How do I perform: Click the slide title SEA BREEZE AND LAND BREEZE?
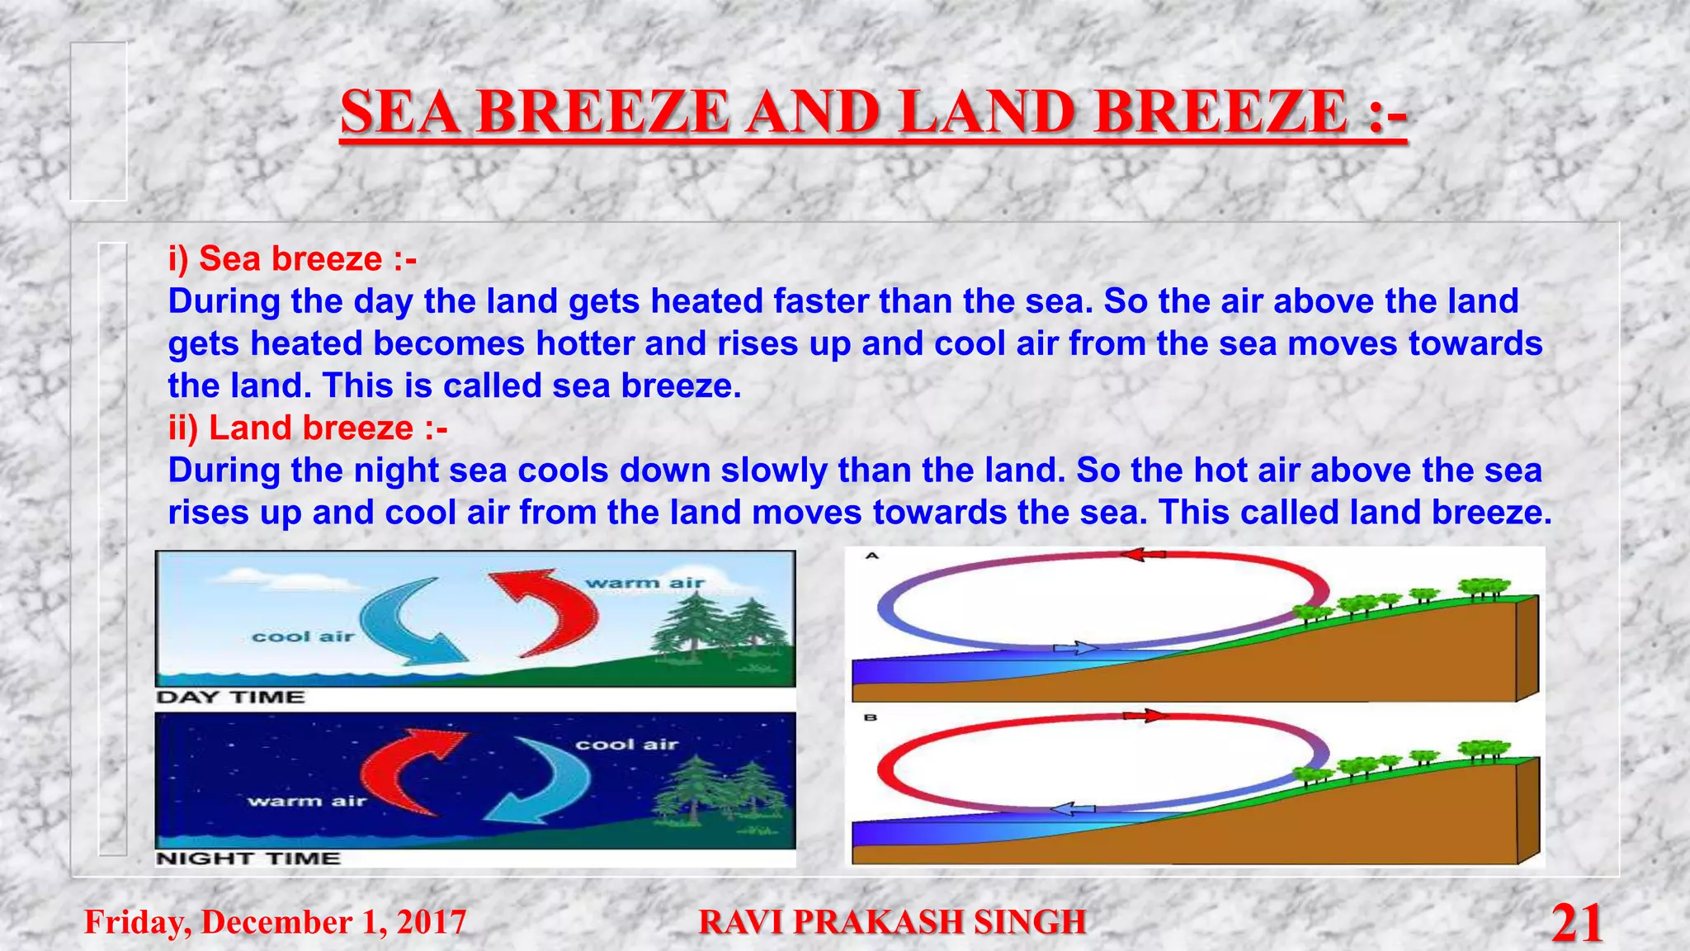873,114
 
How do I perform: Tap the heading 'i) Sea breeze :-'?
292,259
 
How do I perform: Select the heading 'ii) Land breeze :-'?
308,428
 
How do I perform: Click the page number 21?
1576,923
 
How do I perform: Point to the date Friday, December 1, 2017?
276,922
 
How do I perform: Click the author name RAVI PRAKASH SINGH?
892,922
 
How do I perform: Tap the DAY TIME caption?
231,698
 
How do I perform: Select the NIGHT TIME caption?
248,859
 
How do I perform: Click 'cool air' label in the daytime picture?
303,636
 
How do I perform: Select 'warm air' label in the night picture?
306,801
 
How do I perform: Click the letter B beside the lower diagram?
871,718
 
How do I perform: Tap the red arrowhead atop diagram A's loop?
1143,555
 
